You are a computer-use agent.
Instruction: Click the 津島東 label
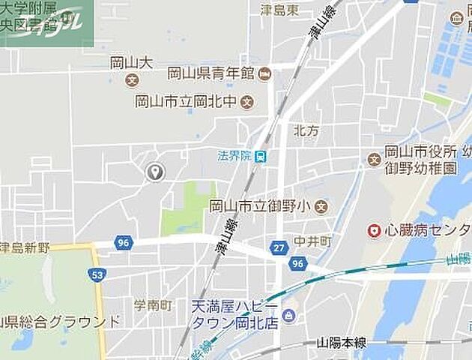pyautogui.click(x=280, y=10)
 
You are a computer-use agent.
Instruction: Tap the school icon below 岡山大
pyautogui.click(x=133, y=80)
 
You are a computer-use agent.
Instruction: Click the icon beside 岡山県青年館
pyautogui.click(x=265, y=73)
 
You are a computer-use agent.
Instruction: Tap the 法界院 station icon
pyautogui.click(x=260, y=157)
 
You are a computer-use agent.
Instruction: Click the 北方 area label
pyautogui.click(x=306, y=130)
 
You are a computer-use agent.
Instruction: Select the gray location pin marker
pyautogui.click(x=155, y=172)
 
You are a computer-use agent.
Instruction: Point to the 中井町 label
pyautogui.click(x=312, y=242)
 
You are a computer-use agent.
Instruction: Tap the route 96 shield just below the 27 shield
pyautogui.click(x=297, y=264)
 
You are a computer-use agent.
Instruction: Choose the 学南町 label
pyautogui.click(x=153, y=305)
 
